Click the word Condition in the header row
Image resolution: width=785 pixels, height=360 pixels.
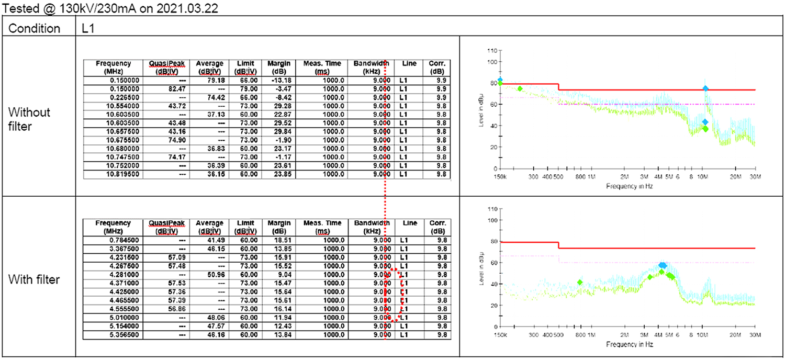click(35, 28)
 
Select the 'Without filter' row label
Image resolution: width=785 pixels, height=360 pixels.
click(30, 119)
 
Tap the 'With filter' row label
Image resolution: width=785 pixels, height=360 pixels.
click(34, 279)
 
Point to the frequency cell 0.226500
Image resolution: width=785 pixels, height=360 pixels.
click(120, 97)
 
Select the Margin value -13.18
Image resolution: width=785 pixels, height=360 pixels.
click(279, 80)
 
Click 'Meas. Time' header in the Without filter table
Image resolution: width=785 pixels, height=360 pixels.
click(322, 67)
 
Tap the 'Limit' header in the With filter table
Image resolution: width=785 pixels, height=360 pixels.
click(245, 227)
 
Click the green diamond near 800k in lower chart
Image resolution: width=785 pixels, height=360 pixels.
click(580, 283)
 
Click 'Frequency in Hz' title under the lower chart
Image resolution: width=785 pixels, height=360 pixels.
click(630, 344)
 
